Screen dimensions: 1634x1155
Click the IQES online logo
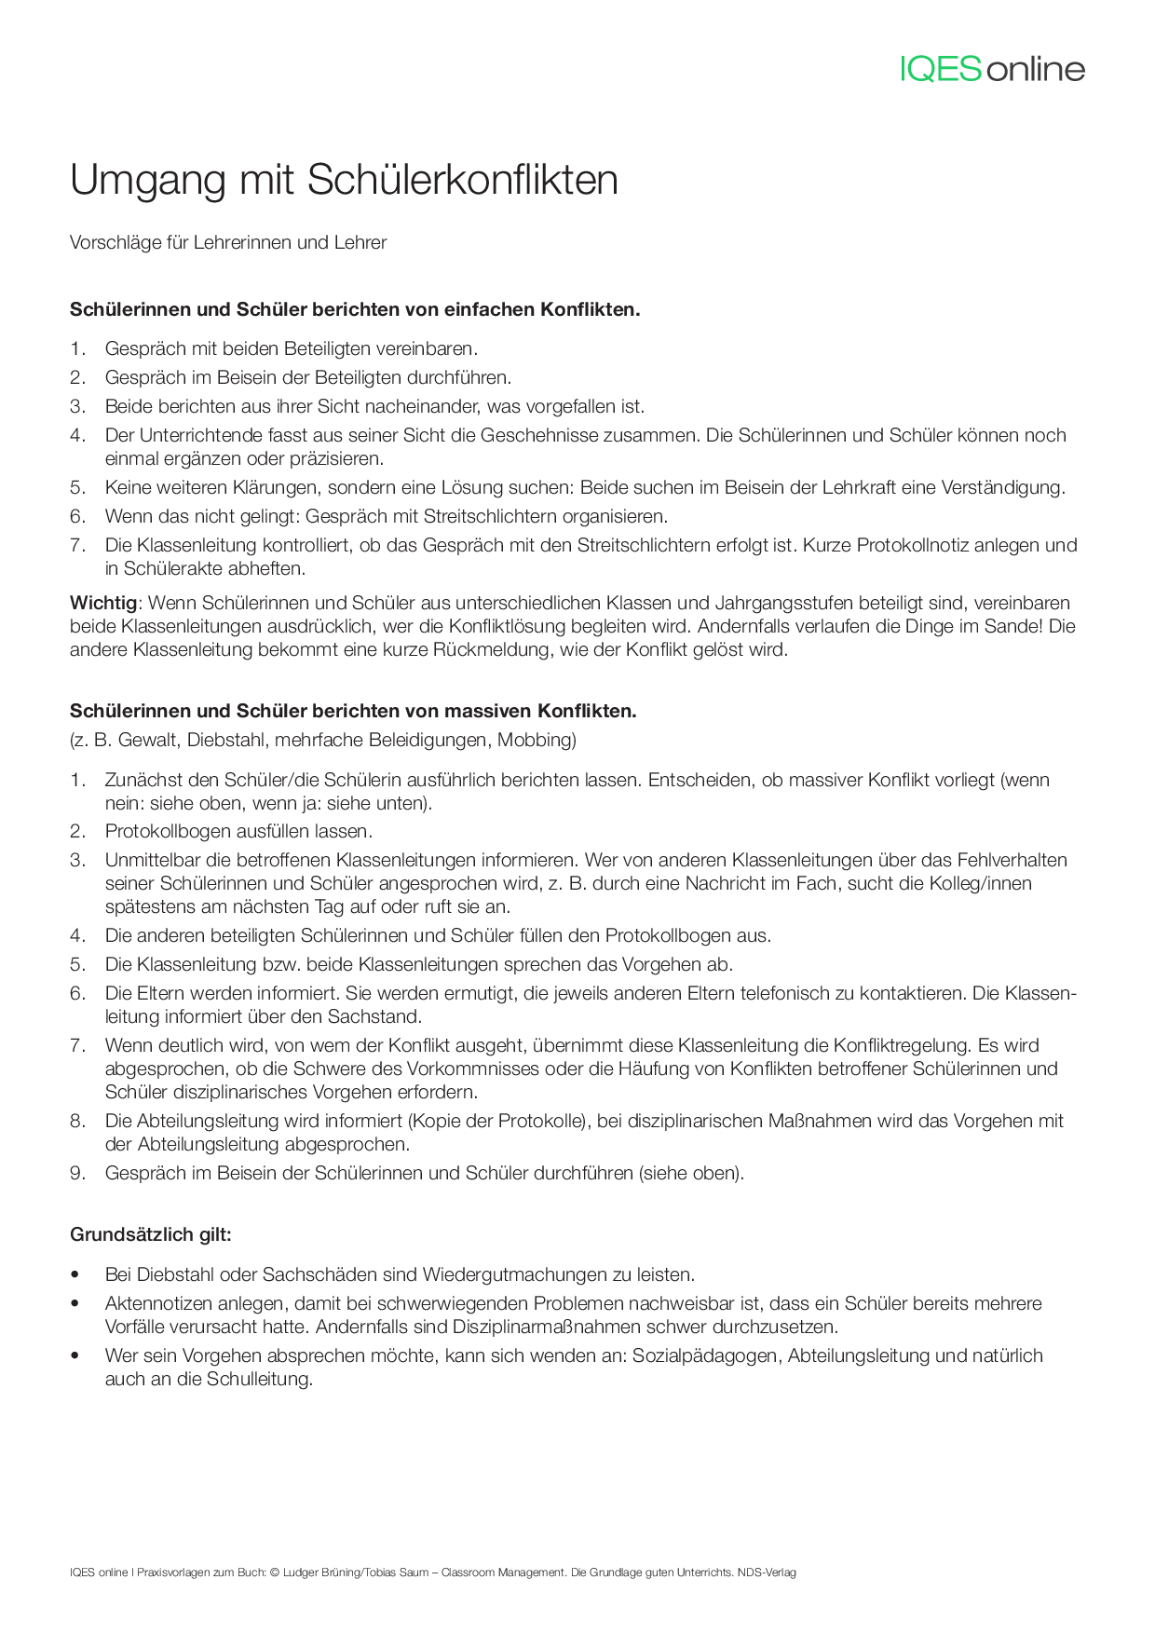pos(992,69)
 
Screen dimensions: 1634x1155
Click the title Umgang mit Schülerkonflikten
pos(344,180)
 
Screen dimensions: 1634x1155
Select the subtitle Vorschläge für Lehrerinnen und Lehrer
pos(228,243)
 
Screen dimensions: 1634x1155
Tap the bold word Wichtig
pos(103,603)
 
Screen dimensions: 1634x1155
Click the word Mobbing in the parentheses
pos(535,741)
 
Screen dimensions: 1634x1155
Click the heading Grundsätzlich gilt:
pos(151,1235)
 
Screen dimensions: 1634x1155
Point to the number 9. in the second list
pos(78,1174)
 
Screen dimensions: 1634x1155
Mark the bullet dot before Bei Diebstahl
pos(75,1275)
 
